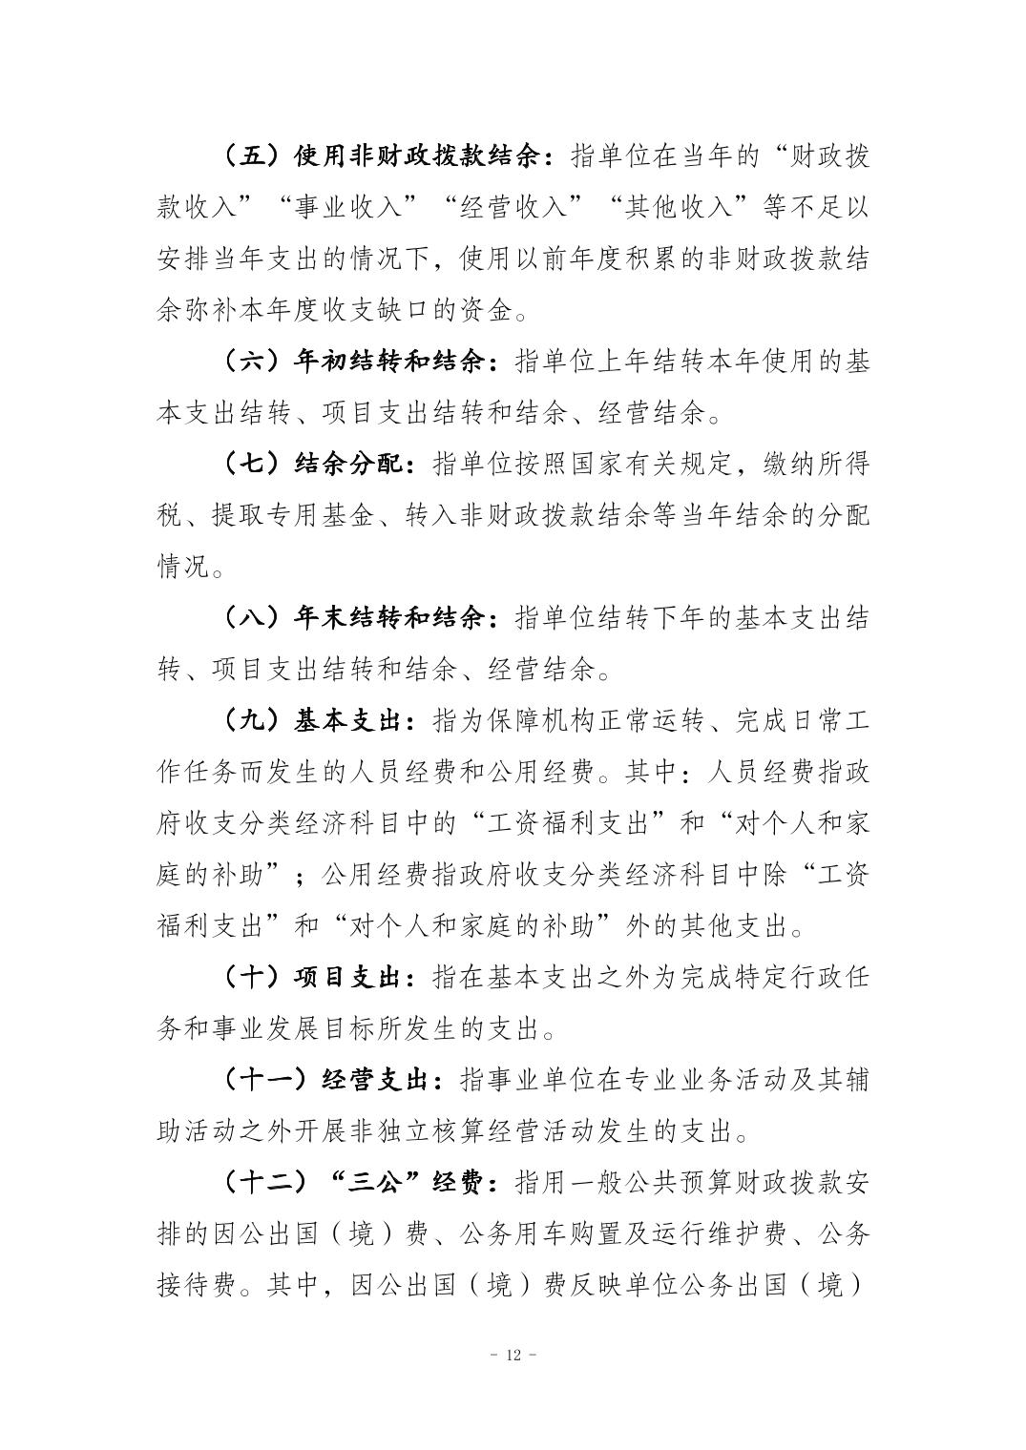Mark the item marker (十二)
[259, 1184]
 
